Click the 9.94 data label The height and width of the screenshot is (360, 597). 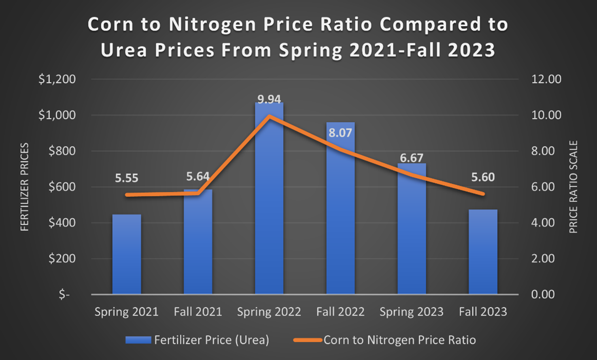(x=269, y=99)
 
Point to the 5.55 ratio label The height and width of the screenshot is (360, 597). (x=126, y=179)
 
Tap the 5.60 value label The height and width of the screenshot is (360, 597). (x=483, y=178)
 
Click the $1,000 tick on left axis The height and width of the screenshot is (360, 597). (x=57, y=115)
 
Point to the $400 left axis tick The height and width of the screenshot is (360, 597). (x=61, y=223)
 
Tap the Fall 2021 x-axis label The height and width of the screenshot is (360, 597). (x=198, y=312)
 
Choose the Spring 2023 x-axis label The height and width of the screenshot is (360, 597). (x=412, y=312)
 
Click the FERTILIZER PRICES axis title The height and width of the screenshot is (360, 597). (x=25, y=187)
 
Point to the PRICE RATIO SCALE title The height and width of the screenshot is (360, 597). (x=573, y=187)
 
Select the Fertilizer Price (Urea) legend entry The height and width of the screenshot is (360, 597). (x=197, y=340)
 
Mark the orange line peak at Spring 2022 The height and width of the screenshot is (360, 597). (x=269, y=116)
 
